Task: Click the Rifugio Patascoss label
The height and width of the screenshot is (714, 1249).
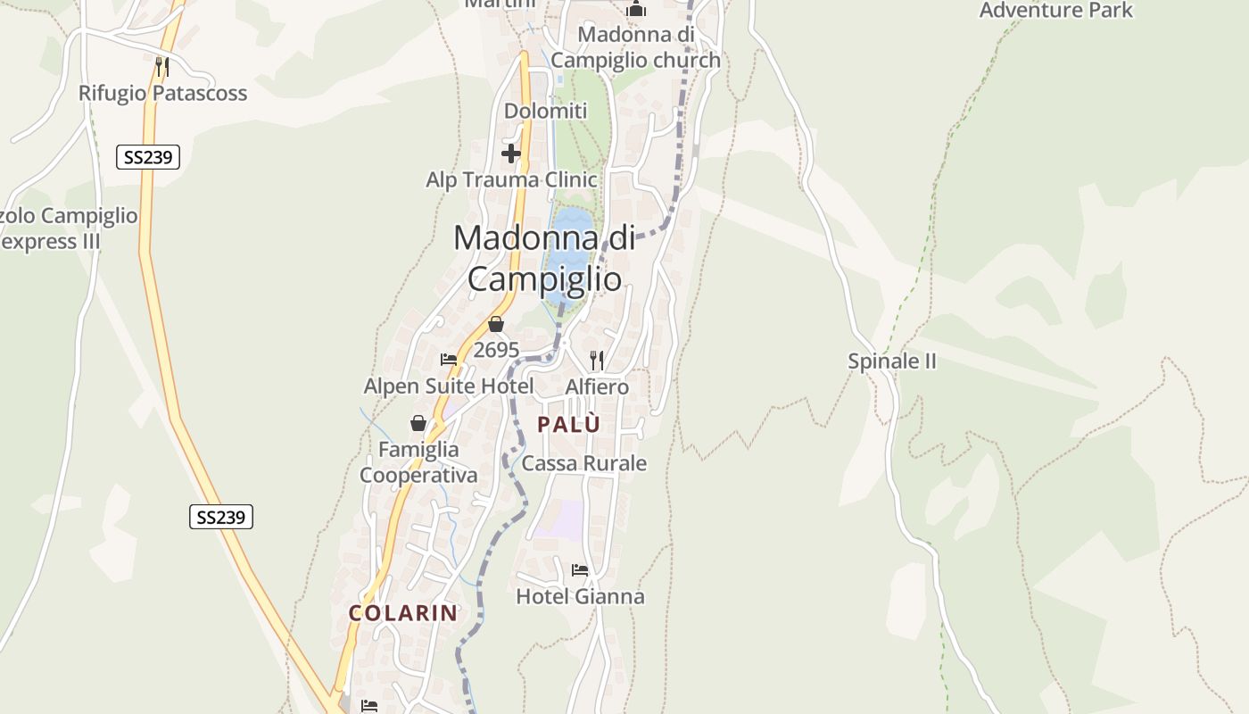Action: click(x=162, y=93)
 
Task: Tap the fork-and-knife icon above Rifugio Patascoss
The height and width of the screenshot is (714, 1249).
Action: click(x=161, y=66)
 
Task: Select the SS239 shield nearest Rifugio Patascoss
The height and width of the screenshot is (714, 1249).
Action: click(x=148, y=158)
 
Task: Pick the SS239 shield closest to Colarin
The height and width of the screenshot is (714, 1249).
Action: click(x=221, y=517)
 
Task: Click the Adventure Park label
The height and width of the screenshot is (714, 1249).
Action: click(x=1055, y=11)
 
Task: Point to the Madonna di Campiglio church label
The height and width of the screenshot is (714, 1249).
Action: click(x=635, y=47)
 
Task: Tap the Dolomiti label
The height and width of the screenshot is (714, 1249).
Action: click(x=546, y=112)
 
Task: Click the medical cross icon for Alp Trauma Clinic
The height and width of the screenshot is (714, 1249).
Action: click(x=511, y=154)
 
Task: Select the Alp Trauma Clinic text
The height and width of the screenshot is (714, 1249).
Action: click(x=511, y=180)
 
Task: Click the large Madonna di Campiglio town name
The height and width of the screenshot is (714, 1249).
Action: click(x=544, y=259)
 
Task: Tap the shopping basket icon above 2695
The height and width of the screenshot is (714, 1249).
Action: click(x=496, y=325)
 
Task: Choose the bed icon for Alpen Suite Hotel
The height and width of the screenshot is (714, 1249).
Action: click(x=449, y=360)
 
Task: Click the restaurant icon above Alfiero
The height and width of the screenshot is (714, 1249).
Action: click(x=597, y=360)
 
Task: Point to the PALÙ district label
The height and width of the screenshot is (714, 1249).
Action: click(x=569, y=425)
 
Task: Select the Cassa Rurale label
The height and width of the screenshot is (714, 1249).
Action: click(x=584, y=463)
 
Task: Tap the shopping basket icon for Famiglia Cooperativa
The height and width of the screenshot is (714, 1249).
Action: click(x=418, y=423)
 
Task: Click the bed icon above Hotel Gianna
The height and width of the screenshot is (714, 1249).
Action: click(x=580, y=570)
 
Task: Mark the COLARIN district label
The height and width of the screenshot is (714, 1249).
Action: click(x=403, y=613)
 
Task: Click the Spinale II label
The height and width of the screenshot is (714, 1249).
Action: click(x=892, y=361)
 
